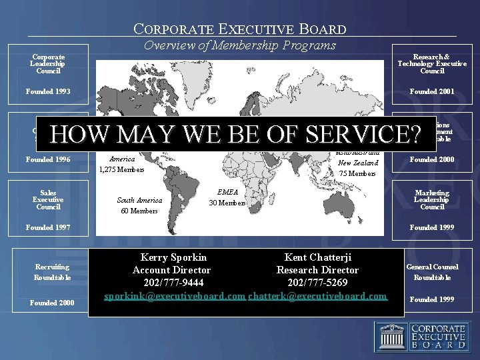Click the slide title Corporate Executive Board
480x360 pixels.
coord(240,29)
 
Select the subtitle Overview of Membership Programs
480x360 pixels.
coord(240,46)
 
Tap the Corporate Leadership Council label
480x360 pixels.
coord(48,64)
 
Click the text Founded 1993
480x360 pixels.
coord(48,91)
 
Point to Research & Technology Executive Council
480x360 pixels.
coord(432,64)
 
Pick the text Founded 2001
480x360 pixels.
coord(432,91)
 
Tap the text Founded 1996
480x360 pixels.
coord(48,159)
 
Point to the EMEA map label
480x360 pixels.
coord(228,192)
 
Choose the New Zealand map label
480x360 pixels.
coord(358,163)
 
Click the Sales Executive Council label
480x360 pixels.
coord(48,200)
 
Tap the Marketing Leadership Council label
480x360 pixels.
coord(432,200)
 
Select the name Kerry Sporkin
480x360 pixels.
coord(173,257)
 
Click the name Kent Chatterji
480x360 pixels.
coord(318,257)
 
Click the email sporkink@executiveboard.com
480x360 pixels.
coord(175,295)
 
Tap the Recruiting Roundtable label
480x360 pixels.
coord(53,272)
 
